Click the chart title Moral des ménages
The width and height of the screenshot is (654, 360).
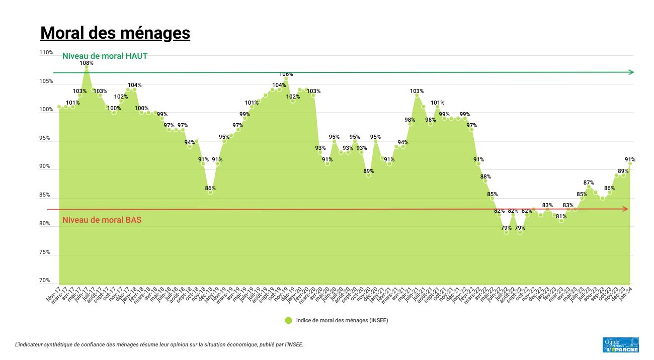115,33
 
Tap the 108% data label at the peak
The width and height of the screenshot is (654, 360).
87,63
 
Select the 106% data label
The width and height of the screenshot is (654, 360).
286,74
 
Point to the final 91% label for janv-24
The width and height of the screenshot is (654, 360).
630,160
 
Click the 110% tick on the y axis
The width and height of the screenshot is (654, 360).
46,53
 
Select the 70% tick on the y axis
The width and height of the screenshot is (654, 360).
45,281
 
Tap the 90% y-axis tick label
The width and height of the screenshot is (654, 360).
45,166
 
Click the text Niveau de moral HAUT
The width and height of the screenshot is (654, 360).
105,56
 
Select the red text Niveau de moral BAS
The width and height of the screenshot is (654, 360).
102,220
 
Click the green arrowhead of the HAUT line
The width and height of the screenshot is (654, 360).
631,72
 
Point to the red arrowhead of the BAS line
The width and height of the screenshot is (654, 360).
626,209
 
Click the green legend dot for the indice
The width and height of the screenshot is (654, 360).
288,320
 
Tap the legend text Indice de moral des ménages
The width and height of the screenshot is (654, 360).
342,320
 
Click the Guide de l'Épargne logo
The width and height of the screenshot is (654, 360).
621,344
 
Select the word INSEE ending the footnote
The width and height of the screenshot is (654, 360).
294,345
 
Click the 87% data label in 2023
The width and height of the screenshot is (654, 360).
589,183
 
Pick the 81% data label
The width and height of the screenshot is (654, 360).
561,217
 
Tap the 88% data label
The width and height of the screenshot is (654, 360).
485,177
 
